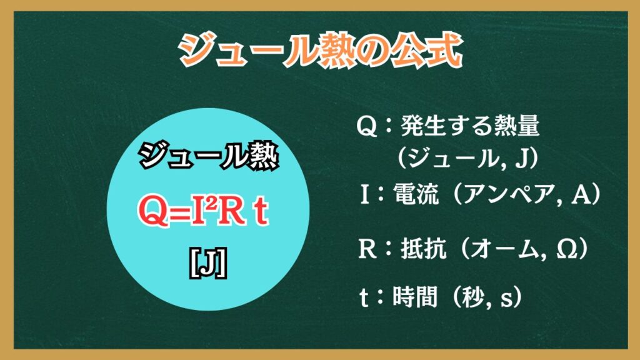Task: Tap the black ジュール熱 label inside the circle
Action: point(208,156)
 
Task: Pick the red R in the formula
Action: point(230,211)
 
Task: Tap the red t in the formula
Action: point(261,212)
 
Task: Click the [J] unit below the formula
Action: point(208,264)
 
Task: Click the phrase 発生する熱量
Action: point(471,125)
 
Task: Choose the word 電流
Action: point(416,194)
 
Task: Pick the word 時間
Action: point(416,297)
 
